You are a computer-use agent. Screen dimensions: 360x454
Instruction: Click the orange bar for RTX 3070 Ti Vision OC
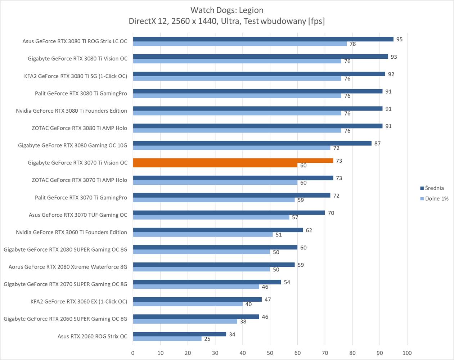233,161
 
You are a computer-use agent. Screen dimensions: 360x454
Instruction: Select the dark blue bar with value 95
263,39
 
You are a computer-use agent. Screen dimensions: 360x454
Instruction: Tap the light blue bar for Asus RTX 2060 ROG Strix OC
167,339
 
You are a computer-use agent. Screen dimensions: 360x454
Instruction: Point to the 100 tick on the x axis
407,353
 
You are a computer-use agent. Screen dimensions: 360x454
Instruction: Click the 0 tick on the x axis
133,353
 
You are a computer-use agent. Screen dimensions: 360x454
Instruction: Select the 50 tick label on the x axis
270,353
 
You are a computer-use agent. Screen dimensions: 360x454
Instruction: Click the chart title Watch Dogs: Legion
227,10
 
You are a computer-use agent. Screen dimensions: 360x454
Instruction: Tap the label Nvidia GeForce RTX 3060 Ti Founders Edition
71,232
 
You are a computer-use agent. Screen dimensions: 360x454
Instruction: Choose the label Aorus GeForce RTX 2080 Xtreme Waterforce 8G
68,267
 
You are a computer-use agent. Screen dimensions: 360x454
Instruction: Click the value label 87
377,143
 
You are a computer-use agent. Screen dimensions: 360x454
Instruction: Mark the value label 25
207,339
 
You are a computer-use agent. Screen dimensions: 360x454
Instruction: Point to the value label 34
232,334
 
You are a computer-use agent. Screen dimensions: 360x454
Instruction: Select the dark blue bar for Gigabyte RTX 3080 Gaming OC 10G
252,143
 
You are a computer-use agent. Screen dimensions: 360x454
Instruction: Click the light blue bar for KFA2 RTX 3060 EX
188,304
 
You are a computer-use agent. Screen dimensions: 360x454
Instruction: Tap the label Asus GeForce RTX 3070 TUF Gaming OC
78,215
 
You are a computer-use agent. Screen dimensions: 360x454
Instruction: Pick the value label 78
352,44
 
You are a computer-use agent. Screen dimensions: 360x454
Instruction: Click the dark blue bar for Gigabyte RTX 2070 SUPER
207,282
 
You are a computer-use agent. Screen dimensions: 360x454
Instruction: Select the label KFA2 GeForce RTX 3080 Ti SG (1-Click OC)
76,76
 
